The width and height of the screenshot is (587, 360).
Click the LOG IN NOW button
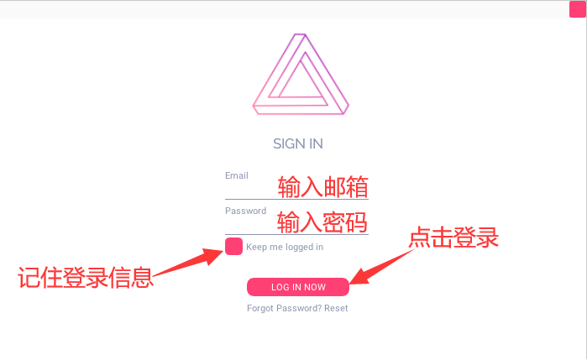(x=298, y=287)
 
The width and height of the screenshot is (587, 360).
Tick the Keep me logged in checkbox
(x=234, y=246)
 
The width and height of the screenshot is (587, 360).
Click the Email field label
(x=237, y=175)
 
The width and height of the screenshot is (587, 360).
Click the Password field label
(x=245, y=211)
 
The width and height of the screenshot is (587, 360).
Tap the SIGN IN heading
(x=298, y=143)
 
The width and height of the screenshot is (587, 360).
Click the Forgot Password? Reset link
(x=297, y=308)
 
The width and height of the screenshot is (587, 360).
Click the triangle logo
(x=301, y=74)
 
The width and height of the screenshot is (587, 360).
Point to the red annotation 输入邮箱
(x=323, y=187)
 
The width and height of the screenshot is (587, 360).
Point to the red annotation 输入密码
(x=322, y=222)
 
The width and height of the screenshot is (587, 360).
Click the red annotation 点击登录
(x=453, y=237)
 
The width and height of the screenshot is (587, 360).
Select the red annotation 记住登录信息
(x=86, y=277)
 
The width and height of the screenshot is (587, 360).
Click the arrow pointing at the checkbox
(x=188, y=263)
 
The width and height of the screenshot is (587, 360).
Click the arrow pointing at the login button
(x=382, y=266)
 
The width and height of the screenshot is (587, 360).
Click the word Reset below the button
(x=336, y=308)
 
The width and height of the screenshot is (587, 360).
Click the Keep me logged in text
(x=285, y=247)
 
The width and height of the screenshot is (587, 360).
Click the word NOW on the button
(x=315, y=287)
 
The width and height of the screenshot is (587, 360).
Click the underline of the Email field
(x=297, y=200)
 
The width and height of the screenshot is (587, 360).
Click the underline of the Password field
(x=297, y=235)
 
